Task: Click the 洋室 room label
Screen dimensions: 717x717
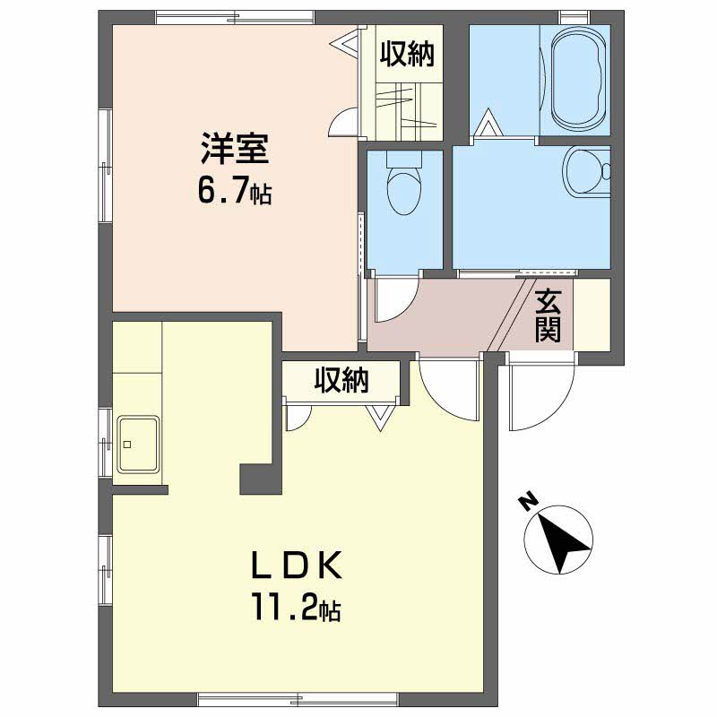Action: [x=235, y=148]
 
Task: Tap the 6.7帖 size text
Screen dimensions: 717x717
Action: [x=235, y=191]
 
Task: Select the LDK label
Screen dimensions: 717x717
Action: [x=297, y=566]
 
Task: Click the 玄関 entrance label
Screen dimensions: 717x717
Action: [x=548, y=315]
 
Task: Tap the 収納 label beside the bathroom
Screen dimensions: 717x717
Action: [x=407, y=54]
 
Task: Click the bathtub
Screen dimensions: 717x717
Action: [x=578, y=81]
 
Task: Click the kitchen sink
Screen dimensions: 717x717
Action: [x=138, y=444]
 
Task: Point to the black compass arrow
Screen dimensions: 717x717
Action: [x=562, y=543]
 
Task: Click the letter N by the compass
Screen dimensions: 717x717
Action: [x=528, y=501]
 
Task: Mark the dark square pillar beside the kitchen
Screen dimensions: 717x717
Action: [x=261, y=479]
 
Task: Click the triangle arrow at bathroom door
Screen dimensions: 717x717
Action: [x=488, y=123]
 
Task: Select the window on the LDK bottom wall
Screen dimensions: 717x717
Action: [x=298, y=699]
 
